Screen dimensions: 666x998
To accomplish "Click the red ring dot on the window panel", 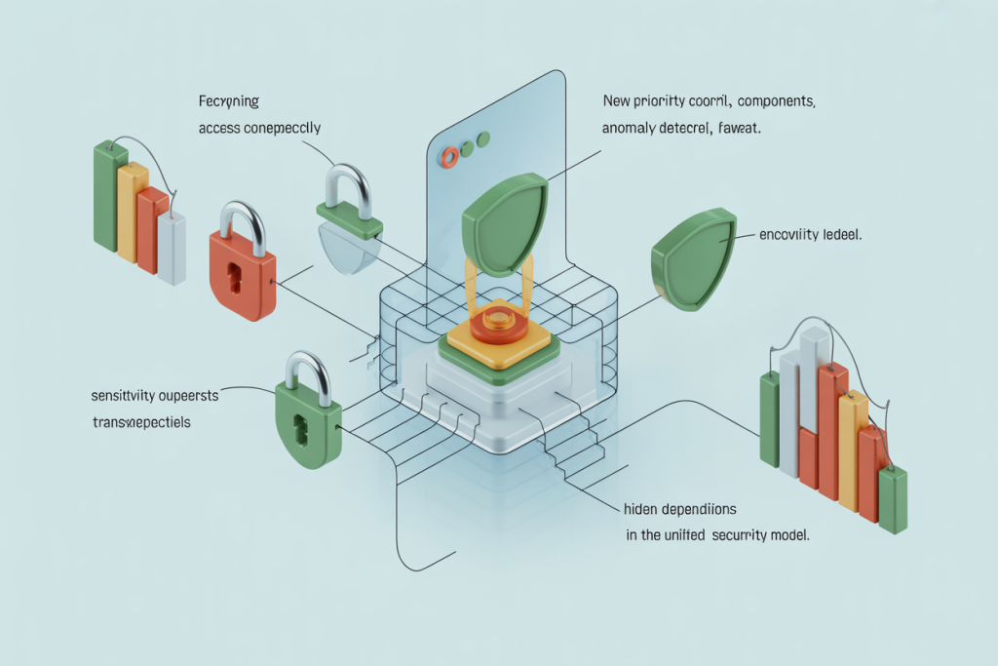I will (449, 156).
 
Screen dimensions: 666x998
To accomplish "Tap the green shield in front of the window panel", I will (503, 223).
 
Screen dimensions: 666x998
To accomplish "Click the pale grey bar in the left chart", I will (172, 249).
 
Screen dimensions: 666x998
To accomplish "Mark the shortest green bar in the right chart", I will (892, 499).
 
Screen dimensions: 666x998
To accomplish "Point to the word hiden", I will (641, 510).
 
